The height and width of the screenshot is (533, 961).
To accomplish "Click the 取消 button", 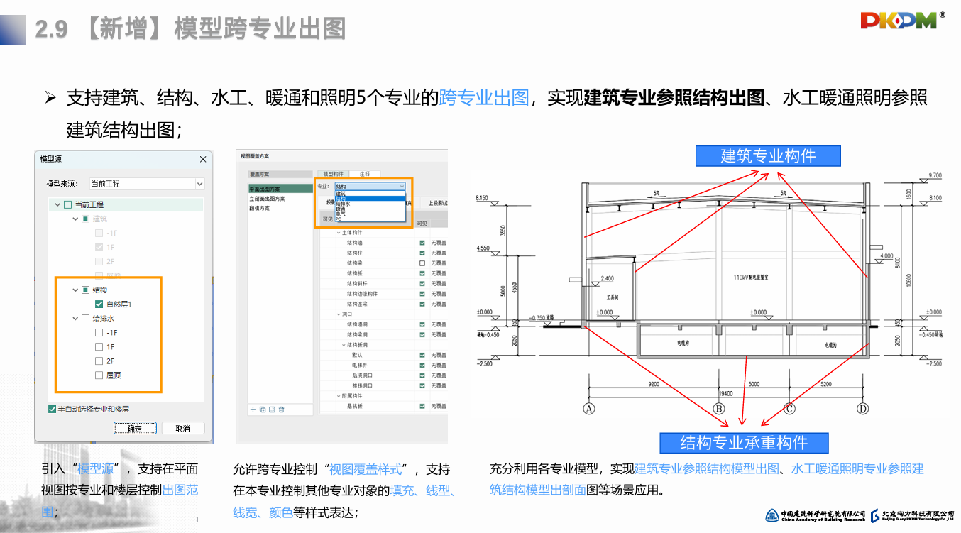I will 183,429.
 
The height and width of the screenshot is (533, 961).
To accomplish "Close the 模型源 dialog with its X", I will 203,160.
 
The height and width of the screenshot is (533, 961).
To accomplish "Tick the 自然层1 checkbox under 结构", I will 99,304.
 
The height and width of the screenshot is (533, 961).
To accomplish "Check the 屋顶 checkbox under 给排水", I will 99,375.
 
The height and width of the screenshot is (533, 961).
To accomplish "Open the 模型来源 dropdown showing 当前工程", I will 147,184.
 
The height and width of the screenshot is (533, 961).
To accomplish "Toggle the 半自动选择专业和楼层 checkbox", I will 53,410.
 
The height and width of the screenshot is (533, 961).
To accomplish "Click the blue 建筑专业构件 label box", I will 768,156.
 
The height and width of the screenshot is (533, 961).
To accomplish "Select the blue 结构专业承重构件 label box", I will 744,443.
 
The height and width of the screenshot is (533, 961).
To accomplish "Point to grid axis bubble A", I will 588,408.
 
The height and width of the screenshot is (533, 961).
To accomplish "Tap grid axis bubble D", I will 863,408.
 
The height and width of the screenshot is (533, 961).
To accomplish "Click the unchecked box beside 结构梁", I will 422,263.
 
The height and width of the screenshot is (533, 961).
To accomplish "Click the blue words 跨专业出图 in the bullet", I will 484,98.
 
